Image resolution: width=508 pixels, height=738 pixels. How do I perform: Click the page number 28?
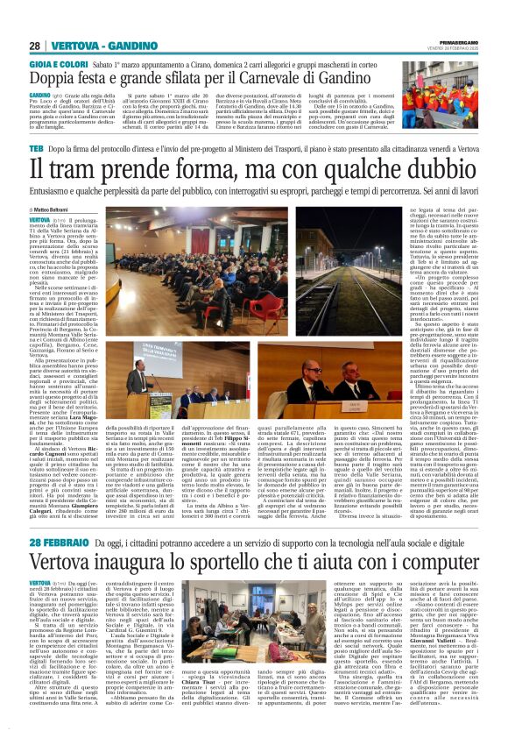[35, 45]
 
